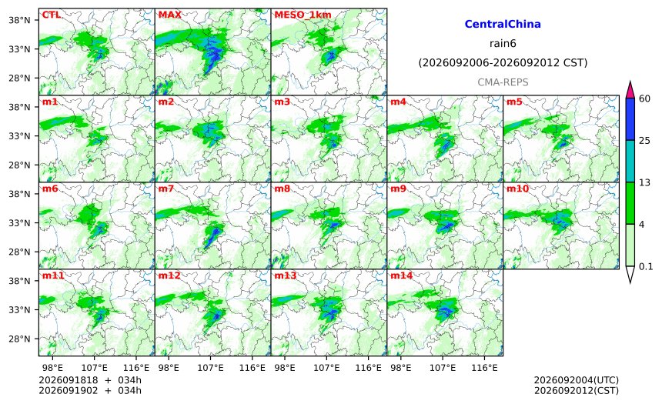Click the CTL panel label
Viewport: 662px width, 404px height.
tap(51, 15)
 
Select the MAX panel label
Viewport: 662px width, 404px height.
tap(169, 15)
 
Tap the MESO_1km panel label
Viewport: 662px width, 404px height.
tap(303, 15)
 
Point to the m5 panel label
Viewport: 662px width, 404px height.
tap(513, 102)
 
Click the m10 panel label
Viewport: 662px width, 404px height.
tap(517, 189)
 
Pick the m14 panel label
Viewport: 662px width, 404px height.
tap(401, 275)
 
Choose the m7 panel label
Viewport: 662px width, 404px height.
tap(166, 189)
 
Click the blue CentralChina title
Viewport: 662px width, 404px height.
tap(503, 24)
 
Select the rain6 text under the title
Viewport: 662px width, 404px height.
tap(503, 44)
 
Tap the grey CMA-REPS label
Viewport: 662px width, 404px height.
tap(503, 82)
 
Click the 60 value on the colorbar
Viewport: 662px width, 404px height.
tap(645, 98)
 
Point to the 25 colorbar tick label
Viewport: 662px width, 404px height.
tap(645, 141)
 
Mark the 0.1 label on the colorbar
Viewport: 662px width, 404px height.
tap(646, 267)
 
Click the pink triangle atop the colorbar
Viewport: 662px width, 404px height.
tap(630, 90)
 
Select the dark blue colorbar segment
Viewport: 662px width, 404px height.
tap(630, 119)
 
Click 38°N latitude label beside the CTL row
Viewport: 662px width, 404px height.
tap(19, 20)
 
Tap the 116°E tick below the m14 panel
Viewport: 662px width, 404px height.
tap(484, 368)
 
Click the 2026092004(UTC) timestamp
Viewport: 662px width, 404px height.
tap(577, 380)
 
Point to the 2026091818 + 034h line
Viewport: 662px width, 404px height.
tap(90, 380)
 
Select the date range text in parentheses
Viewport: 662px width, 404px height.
tap(503, 63)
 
